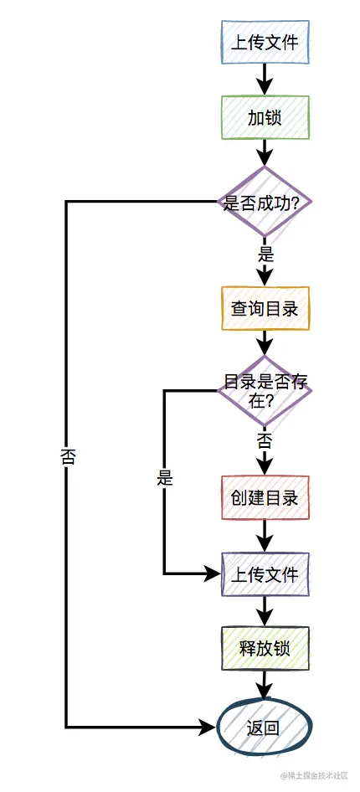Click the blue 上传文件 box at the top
[x=265, y=42]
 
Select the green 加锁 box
[x=265, y=118]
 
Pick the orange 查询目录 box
[x=265, y=308]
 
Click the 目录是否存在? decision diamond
[x=265, y=390]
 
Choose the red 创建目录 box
[x=265, y=497]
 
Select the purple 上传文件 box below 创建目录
[x=265, y=574]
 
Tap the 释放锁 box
[x=265, y=647]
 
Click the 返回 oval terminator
[x=265, y=727]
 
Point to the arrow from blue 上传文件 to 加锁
[x=265, y=80]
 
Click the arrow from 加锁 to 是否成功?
[x=265, y=153]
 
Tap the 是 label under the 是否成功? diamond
[x=265, y=255]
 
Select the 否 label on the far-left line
[x=68, y=456]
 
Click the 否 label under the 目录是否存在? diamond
[x=265, y=440]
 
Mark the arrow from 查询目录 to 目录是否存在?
[x=265, y=342]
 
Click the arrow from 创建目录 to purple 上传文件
[x=265, y=535]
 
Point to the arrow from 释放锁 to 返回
[x=265, y=685]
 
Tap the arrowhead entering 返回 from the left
[x=209, y=727]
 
